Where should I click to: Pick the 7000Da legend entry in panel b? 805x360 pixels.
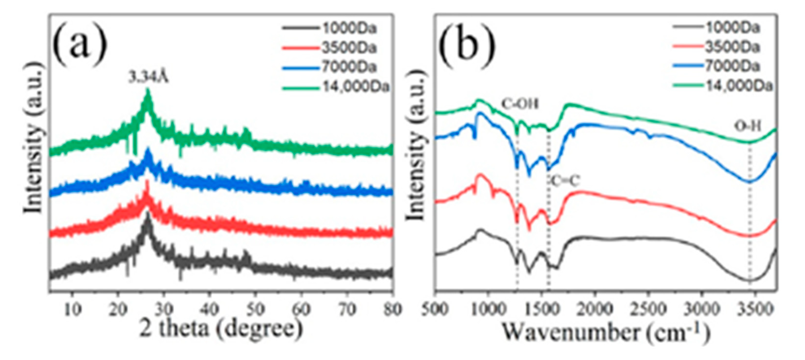[x=732, y=67]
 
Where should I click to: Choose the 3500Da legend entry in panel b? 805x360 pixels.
[x=732, y=48]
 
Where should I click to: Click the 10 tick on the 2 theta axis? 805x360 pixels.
[x=72, y=309]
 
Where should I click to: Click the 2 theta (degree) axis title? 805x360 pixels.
[x=221, y=330]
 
